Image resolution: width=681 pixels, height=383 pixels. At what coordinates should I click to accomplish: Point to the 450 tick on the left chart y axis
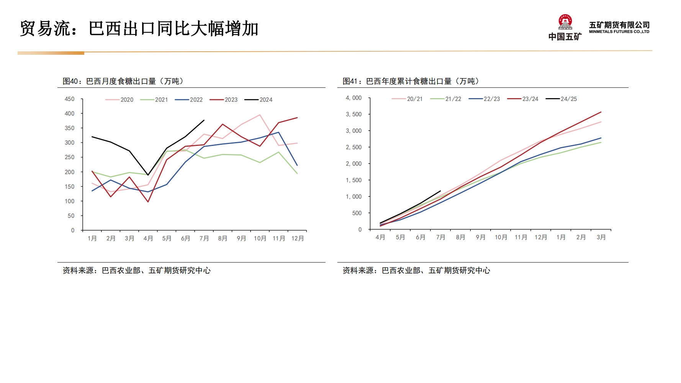pyautogui.click(x=70, y=99)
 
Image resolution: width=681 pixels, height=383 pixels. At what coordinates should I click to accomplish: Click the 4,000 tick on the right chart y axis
pyautogui.click(x=354, y=98)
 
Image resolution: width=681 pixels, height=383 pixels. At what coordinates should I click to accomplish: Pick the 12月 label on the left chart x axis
pyautogui.click(x=298, y=238)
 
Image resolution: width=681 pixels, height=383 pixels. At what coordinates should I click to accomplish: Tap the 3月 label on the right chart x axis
pyautogui.click(x=601, y=237)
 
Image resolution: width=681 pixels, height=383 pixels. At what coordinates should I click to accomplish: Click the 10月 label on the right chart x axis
pyautogui.click(x=501, y=237)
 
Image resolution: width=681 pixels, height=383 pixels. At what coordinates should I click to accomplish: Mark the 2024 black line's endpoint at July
pyautogui.click(x=204, y=120)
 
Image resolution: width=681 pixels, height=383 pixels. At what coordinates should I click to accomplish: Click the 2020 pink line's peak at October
pyautogui.click(x=260, y=115)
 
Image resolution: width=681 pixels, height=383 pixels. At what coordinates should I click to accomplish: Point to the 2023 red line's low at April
pyautogui.click(x=148, y=202)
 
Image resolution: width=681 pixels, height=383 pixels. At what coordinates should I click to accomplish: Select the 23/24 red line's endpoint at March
pyautogui.click(x=601, y=112)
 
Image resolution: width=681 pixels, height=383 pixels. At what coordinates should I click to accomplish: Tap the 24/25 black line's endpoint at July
pyautogui.click(x=440, y=191)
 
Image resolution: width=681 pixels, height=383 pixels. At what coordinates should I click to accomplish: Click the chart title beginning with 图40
pyautogui.click(x=123, y=81)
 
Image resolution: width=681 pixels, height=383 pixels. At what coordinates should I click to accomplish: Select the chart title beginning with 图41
pyautogui.click(x=411, y=81)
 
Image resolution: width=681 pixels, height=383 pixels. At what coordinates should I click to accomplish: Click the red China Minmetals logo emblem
pyautogui.click(x=565, y=22)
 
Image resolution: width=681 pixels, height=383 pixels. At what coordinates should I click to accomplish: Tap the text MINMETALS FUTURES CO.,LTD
pyautogui.click(x=619, y=32)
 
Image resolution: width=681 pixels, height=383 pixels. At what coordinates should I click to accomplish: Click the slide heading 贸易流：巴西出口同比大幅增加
pyautogui.click(x=139, y=29)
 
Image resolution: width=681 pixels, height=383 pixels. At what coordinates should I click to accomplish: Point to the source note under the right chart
pyautogui.click(x=416, y=270)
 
